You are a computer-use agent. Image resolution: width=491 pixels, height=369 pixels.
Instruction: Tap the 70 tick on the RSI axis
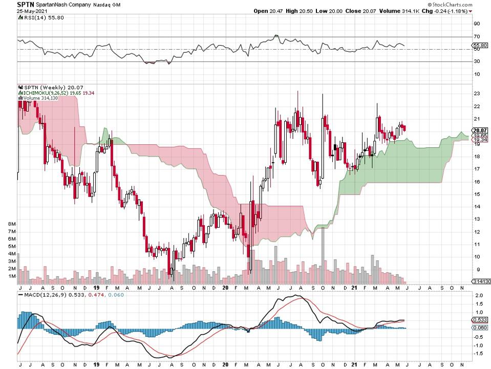tap(477, 37)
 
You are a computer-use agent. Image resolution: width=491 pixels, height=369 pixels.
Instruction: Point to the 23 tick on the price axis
tap(477, 94)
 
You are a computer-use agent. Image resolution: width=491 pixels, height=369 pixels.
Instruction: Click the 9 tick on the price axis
tap(477, 269)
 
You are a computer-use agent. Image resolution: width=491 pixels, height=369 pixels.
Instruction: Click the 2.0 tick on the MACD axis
tap(478, 296)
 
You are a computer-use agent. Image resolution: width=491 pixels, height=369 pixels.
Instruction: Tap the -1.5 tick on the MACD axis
tap(477, 353)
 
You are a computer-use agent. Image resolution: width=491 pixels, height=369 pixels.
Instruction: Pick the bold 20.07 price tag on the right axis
tap(479, 131)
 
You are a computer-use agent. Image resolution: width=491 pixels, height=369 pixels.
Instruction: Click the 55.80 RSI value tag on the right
tap(480, 46)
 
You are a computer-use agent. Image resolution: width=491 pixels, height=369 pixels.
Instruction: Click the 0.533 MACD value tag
tap(479, 320)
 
